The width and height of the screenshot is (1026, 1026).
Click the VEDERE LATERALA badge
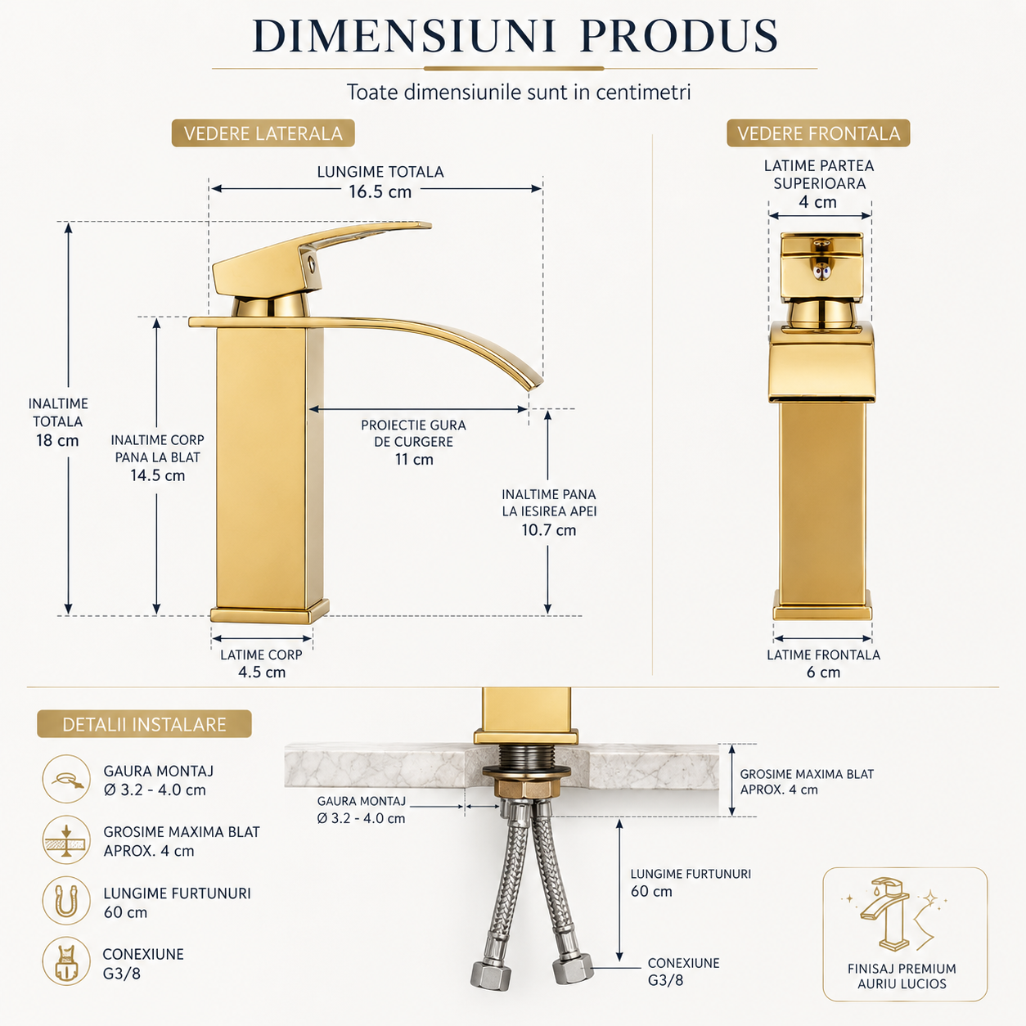point(263,133)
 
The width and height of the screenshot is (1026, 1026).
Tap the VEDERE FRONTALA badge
point(818,133)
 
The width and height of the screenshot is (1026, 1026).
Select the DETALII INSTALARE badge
point(144,724)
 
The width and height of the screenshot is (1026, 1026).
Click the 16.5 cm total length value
point(380,191)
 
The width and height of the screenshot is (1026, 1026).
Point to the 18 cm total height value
point(57,440)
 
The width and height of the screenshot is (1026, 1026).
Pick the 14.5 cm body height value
point(158,475)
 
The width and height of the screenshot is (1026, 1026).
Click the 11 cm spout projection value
point(414,459)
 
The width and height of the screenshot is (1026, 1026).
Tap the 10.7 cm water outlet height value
point(549,529)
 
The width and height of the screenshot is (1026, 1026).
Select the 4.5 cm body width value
point(262,672)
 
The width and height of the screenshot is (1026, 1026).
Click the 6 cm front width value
point(823,672)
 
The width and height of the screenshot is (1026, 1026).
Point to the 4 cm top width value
point(818,202)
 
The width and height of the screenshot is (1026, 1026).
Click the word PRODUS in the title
point(680,36)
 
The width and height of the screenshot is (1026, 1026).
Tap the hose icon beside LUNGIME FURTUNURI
point(66,901)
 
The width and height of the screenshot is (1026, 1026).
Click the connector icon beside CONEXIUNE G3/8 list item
point(66,961)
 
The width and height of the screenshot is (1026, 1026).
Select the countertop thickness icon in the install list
point(66,839)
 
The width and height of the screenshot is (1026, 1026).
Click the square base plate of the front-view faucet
point(822,612)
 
